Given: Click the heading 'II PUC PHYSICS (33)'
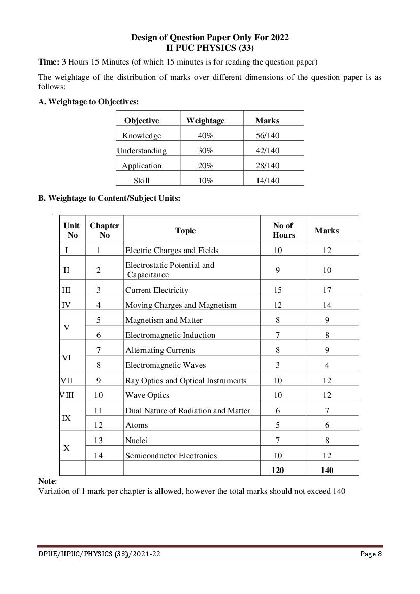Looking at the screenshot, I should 210,48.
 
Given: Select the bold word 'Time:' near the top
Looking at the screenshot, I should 49,62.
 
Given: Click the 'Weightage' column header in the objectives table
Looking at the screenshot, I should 205,120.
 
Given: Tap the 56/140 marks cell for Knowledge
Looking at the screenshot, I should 268,136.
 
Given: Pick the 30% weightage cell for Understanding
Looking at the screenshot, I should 205,150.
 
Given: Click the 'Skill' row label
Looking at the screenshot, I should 141,180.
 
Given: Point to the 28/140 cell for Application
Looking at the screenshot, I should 268,166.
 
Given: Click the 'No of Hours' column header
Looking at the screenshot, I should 283,230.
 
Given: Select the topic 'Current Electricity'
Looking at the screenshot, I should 156,290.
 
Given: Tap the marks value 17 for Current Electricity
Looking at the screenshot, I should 327,290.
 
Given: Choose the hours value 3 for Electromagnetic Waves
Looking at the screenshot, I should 278,365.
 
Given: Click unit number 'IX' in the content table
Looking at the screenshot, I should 66,418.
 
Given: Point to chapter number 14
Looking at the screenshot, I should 99,455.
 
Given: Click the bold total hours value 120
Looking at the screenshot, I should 278,470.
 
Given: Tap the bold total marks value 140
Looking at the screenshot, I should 327,470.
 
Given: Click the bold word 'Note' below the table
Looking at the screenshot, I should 47,481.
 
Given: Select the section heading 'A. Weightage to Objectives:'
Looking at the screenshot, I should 88,102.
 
